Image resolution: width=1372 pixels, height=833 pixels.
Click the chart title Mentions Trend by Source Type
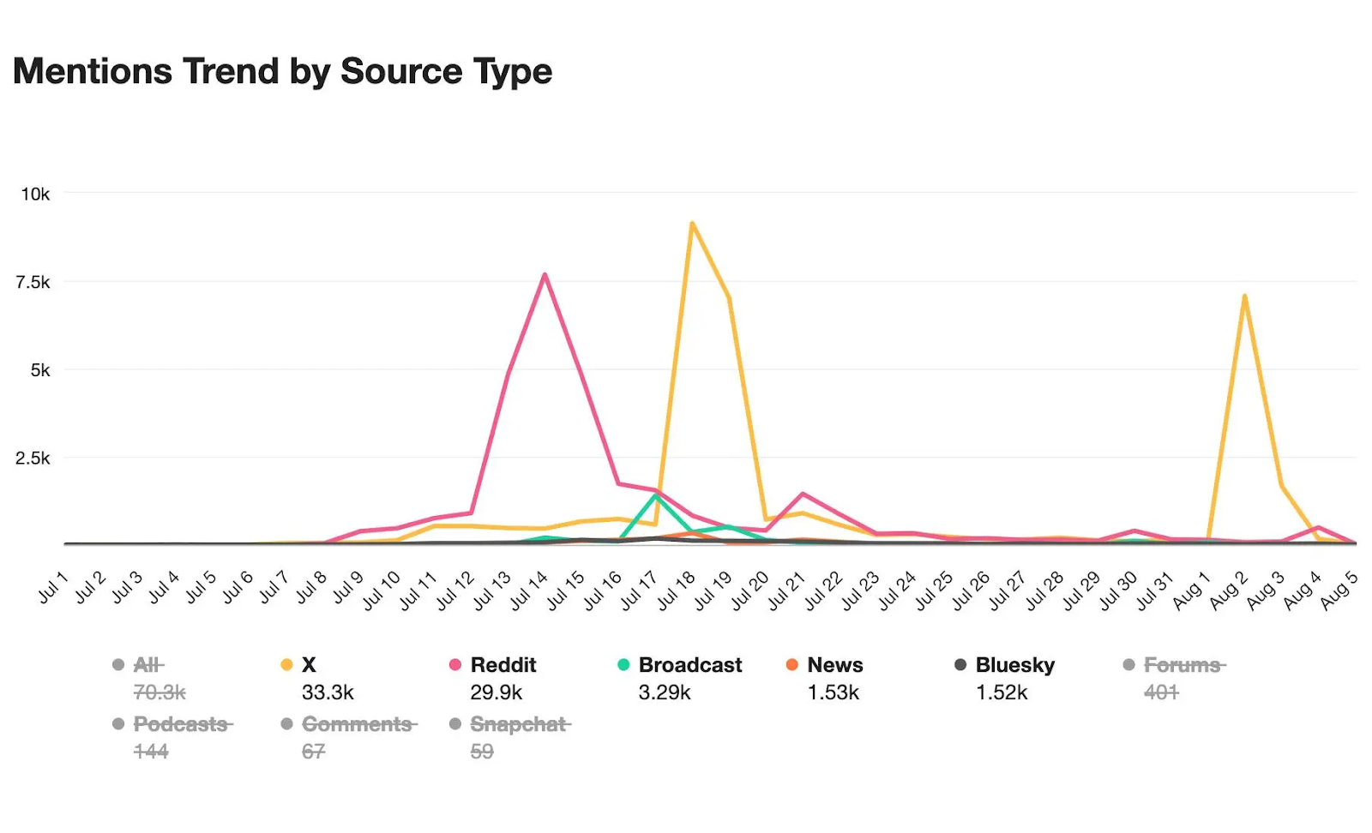[x=282, y=71]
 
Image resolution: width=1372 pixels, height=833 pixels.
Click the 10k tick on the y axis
[x=35, y=195]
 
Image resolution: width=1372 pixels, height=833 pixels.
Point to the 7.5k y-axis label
[x=33, y=283]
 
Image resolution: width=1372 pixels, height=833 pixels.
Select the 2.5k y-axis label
[x=33, y=458]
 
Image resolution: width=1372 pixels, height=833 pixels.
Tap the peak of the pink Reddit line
[x=545, y=275]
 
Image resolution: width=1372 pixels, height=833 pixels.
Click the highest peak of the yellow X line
[x=691, y=224]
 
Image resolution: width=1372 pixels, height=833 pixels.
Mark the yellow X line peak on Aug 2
[x=1243, y=297]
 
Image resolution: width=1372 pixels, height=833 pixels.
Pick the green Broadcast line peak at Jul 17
[x=655, y=495]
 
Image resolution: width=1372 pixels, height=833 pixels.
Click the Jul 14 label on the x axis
[x=529, y=590]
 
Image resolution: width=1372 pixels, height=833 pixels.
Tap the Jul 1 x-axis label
[x=53, y=590]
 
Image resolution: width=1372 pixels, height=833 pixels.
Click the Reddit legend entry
[x=502, y=665]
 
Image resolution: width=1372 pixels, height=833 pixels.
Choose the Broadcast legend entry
[x=689, y=665]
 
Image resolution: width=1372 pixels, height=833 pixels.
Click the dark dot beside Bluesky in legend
[x=960, y=665]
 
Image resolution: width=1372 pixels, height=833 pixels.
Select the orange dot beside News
[x=791, y=665]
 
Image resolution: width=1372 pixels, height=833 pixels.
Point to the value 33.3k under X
[x=328, y=692]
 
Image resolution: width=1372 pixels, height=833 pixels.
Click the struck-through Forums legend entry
[x=1183, y=665]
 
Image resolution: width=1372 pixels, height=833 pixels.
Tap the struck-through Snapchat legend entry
[x=519, y=725]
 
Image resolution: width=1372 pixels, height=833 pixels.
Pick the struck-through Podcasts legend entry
[x=181, y=725]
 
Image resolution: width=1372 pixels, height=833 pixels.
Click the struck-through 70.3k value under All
[x=159, y=692]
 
